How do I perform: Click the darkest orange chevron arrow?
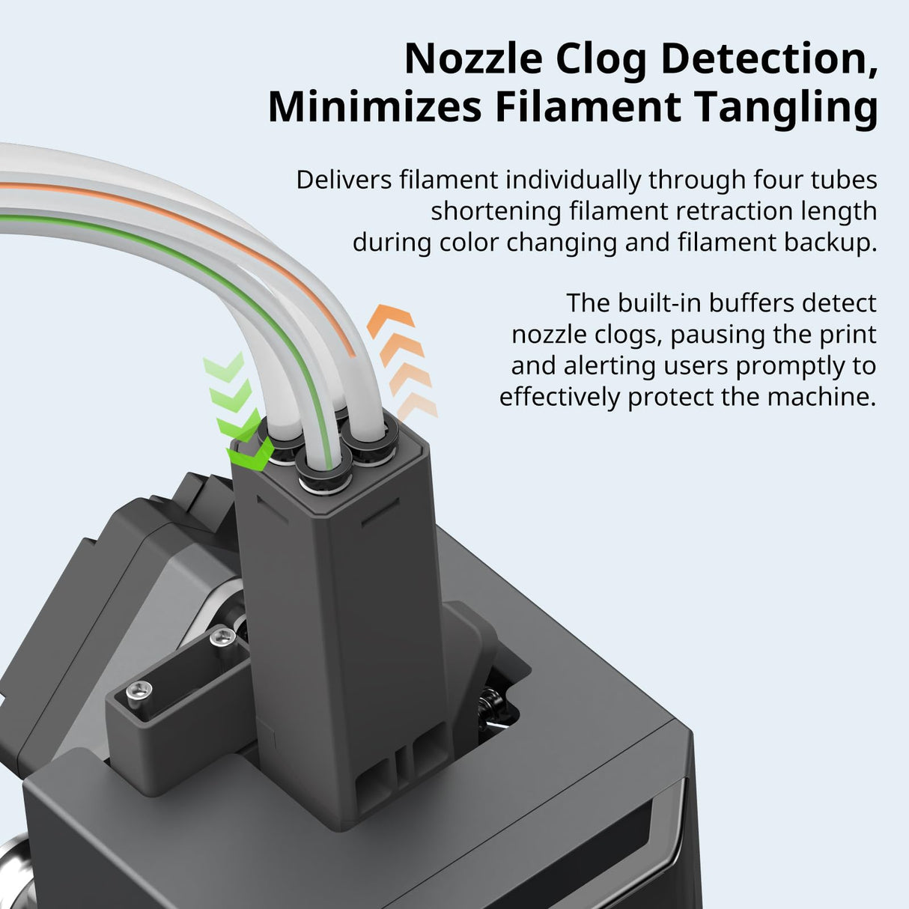click(x=391, y=320)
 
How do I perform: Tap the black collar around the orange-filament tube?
click(x=371, y=440)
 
